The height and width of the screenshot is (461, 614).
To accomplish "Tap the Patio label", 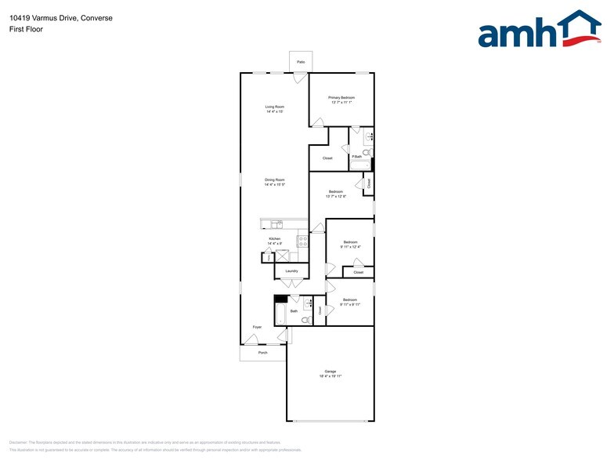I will coord(301,61).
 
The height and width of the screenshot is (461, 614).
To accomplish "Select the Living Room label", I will coord(274,107).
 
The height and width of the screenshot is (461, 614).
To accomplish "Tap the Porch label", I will coord(263,353).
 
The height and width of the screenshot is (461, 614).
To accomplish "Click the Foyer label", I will coord(256,327).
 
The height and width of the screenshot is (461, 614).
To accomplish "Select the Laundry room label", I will coord(291,271).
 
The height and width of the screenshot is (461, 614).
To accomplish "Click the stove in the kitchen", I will coord(302,241).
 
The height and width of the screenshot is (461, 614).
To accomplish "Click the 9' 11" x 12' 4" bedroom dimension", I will coord(349,247).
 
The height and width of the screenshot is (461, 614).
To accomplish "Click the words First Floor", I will coord(27,29).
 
